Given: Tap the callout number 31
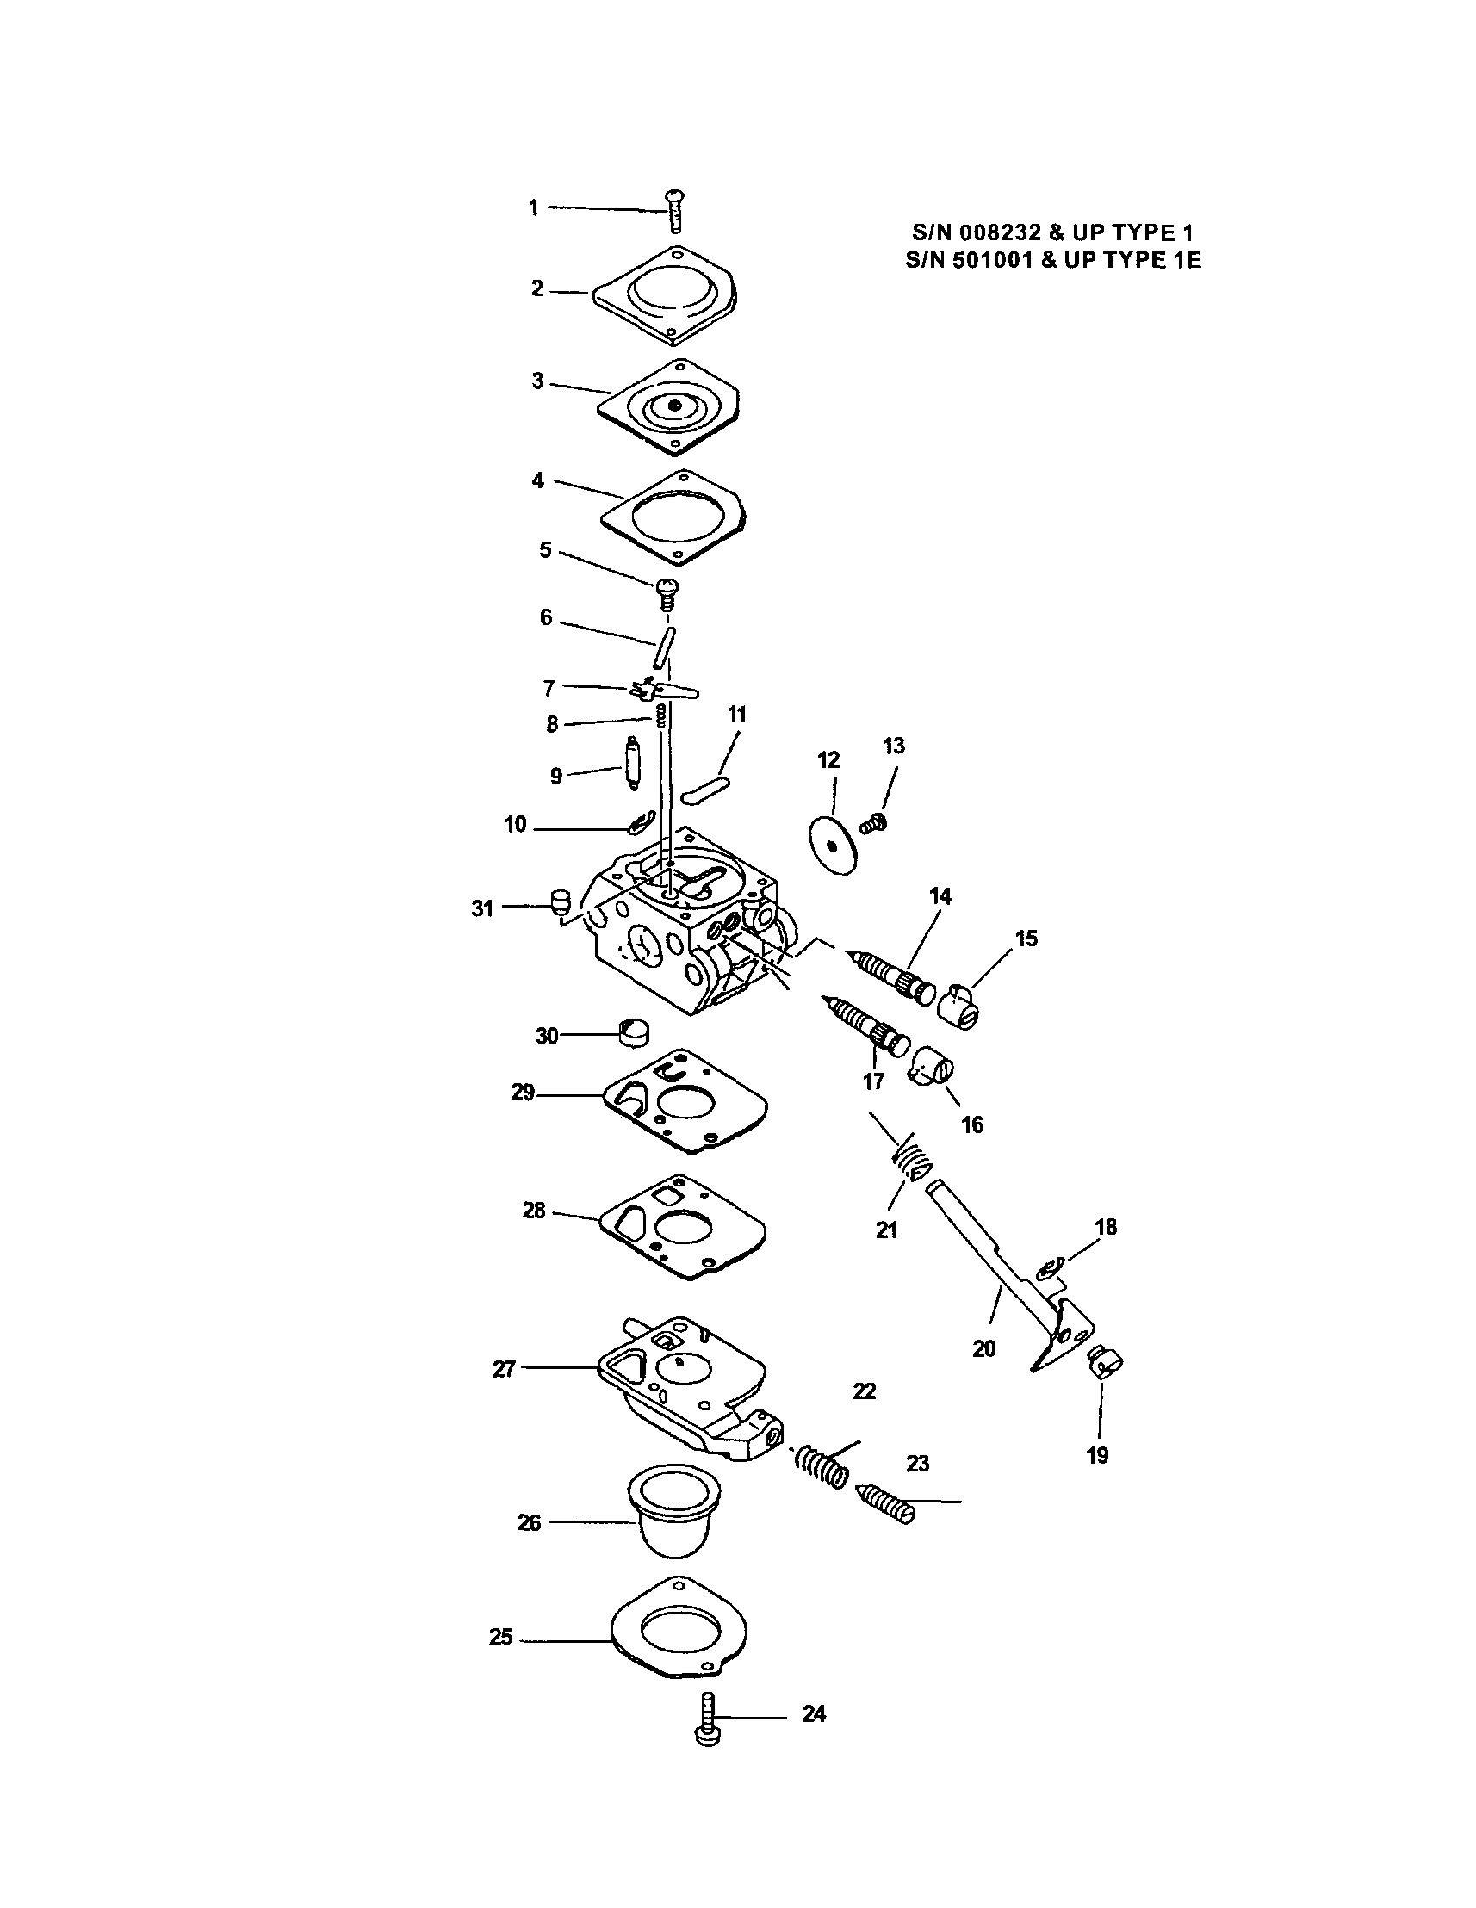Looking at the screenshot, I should [482, 908].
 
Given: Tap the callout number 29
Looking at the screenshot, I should [523, 1092].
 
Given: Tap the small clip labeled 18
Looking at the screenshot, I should [1049, 1266].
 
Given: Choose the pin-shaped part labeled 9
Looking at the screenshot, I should [633, 765].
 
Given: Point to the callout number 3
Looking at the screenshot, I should [538, 381].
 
